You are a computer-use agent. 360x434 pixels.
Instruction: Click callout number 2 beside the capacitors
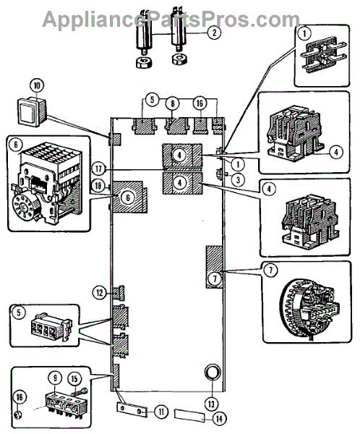[214, 33]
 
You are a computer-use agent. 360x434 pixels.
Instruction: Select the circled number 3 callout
[238, 179]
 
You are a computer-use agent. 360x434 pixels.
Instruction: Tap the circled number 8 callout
[172, 103]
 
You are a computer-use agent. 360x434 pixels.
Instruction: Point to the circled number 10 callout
[37, 85]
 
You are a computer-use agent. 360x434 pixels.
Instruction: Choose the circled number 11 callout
[160, 412]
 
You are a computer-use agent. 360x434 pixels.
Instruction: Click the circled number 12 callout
[100, 293]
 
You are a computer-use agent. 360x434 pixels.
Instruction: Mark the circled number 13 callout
[211, 404]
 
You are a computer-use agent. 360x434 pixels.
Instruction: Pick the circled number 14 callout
[219, 419]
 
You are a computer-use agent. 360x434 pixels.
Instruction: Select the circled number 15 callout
[74, 379]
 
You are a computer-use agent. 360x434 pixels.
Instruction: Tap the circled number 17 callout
[99, 169]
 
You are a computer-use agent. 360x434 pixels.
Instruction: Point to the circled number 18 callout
[98, 185]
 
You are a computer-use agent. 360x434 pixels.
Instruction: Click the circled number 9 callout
[56, 378]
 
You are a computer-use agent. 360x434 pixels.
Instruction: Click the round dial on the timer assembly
[24, 207]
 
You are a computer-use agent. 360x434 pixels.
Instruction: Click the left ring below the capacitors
[144, 62]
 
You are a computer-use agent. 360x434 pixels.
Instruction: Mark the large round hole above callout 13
[213, 373]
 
